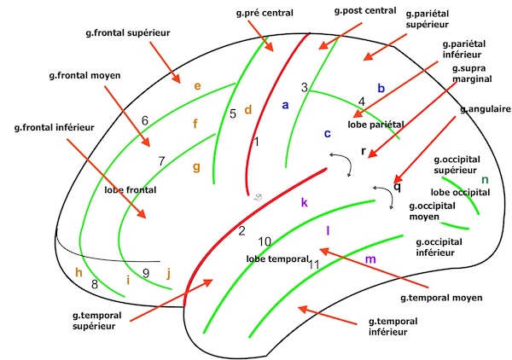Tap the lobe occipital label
(461, 192)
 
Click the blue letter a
(286, 105)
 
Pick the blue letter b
(381, 88)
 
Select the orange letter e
(197, 86)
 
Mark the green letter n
(485, 179)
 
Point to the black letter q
(397, 187)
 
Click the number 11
(314, 264)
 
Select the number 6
(145, 120)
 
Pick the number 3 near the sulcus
(304, 87)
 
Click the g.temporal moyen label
(442, 298)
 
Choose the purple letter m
(369, 258)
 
